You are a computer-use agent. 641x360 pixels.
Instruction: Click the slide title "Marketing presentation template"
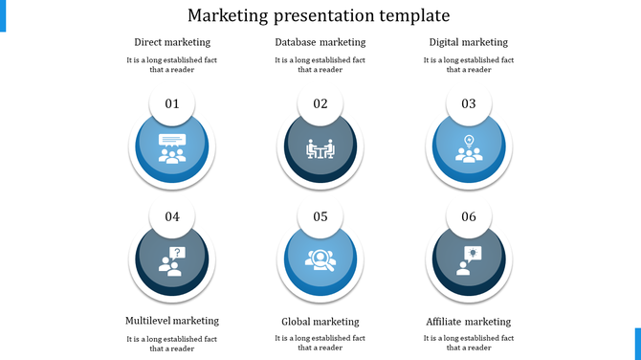[x=320, y=16]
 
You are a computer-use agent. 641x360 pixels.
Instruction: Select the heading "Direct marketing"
[x=172, y=42]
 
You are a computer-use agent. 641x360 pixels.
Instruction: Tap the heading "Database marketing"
[x=320, y=42]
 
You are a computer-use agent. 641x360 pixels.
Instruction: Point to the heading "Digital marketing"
[x=469, y=42]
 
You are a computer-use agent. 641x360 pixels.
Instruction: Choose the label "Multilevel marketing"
[x=172, y=321]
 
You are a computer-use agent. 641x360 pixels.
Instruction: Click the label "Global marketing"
[x=320, y=322]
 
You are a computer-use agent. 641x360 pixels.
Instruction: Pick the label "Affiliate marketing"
[x=469, y=322]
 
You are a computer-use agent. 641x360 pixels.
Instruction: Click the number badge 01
[x=172, y=104]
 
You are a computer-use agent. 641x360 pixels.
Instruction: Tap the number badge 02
[x=320, y=104]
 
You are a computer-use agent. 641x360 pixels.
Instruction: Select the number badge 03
[x=469, y=104]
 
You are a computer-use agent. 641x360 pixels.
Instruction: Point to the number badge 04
[x=172, y=216]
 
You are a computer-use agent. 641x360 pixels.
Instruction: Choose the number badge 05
[x=320, y=216]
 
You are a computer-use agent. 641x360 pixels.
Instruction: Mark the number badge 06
[x=469, y=216]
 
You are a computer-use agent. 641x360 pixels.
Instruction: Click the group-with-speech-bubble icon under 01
[x=172, y=148]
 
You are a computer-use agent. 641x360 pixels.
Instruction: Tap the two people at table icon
[x=320, y=149]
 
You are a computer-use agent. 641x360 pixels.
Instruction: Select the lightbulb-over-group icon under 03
[x=469, y=148]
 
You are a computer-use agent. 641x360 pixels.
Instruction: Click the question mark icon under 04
[x=173, y=260]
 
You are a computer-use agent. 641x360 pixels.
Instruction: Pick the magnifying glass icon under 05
[x=320, y=259]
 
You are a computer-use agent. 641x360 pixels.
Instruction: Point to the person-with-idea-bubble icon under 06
[x=469, y=259]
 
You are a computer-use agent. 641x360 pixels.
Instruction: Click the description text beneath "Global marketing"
[x=320, y=343]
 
